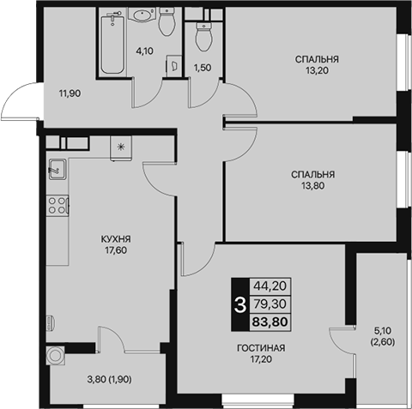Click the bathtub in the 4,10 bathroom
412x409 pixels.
click(x=113, y=45)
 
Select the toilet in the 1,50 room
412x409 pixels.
click(x=204, y=37)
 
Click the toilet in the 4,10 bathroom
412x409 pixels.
click(x=167, y=21)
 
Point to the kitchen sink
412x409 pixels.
click(x=58, y=169)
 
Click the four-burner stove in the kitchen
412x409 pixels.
click(x=58, y=206)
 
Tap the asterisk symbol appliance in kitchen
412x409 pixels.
click(x=121, y=147)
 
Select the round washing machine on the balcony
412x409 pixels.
click(x=56, y=356)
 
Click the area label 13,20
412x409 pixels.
click(x=317, y=70)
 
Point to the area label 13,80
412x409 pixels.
click(x=312, y=186)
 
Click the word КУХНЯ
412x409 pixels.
click(x=116, y=239)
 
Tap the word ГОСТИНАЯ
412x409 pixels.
click(x=261, y=348)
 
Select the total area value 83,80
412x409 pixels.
click(x=270, y=322)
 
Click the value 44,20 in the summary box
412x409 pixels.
click(x=270, y=286)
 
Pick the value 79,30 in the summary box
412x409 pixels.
click(x=270, y=304)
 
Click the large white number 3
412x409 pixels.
click(x=239, y=304)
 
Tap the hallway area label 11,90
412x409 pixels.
click(x=70, y=93)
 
